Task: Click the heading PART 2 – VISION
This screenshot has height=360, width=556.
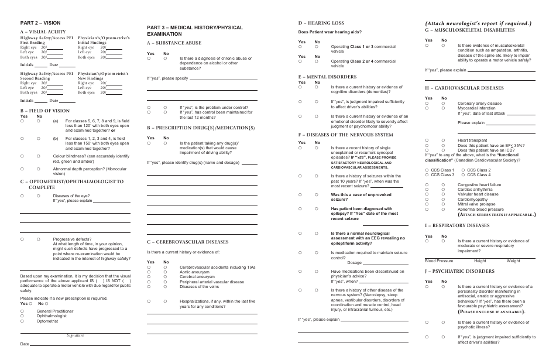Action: tap(40, 22)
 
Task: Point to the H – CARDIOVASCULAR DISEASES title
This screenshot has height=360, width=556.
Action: tap(464, 87)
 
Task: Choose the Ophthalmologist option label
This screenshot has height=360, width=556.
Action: tap(52, 316)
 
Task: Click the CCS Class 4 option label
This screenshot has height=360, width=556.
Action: tap(479, 174)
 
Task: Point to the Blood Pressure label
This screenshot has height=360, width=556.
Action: tap(439, 260)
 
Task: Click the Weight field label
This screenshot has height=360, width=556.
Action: tap(513, 260)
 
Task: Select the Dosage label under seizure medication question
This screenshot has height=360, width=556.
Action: tap(355, 262)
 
